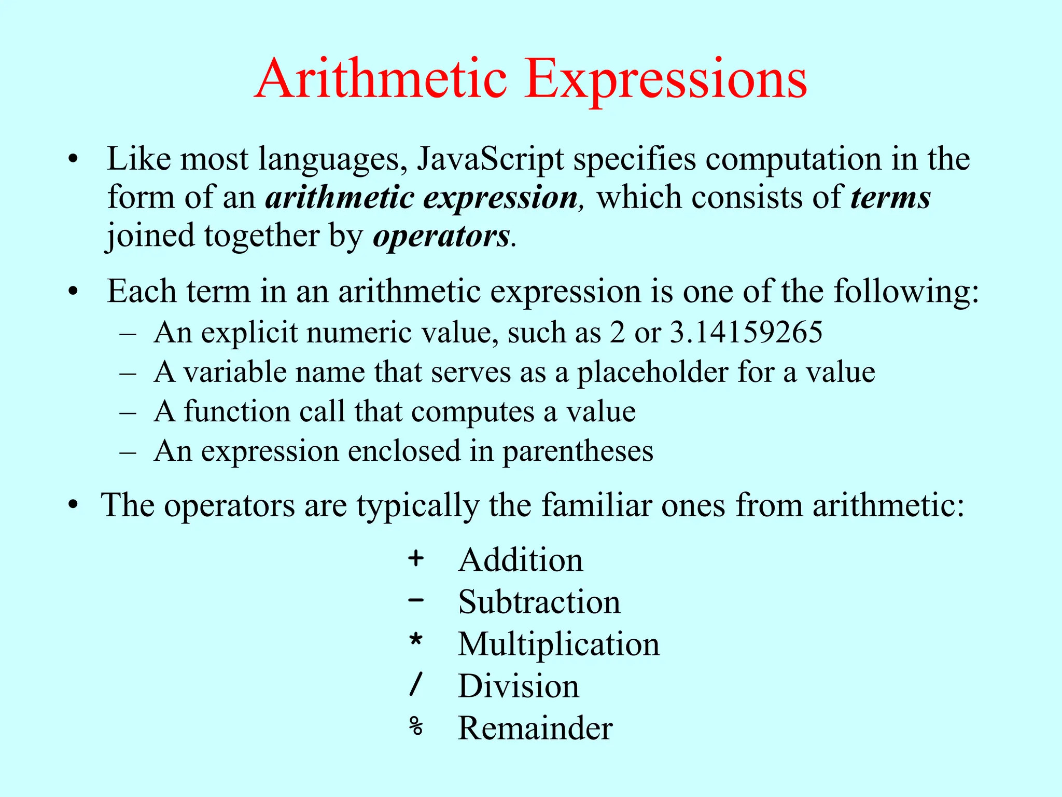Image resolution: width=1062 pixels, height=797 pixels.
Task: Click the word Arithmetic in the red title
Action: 381,79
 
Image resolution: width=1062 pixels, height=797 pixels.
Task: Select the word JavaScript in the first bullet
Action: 490,159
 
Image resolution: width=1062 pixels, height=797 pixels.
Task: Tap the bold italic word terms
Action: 890,198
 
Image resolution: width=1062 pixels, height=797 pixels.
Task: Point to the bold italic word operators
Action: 441,237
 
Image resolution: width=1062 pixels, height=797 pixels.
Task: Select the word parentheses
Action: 578,451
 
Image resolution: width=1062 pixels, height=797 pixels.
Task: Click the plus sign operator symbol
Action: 416,559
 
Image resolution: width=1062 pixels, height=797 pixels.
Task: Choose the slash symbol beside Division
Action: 416,684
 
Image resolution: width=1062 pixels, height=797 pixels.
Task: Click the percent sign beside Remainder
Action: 416,726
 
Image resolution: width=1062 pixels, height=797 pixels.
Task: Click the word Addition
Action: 521,560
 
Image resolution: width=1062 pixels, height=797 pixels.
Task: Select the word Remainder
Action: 535,728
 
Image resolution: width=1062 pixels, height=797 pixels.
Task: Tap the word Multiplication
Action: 558,644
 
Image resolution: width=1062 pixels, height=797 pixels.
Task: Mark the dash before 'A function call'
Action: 128,413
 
